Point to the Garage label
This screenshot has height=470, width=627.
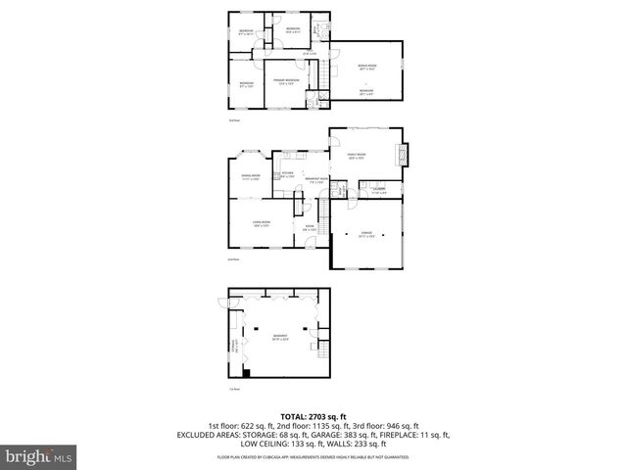(365, 234)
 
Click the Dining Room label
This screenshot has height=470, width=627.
(250, 177)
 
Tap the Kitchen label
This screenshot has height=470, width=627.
(288, 174)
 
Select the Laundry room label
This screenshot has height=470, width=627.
(378, 189)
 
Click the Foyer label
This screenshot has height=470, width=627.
(308, 228)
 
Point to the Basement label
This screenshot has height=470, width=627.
(279, 339)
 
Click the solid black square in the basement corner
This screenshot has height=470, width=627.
(246, 372)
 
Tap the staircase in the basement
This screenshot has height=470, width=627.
(318, 348)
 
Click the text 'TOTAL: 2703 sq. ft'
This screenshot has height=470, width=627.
(313, 416)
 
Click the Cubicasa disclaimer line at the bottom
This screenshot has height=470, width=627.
(313, 455)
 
